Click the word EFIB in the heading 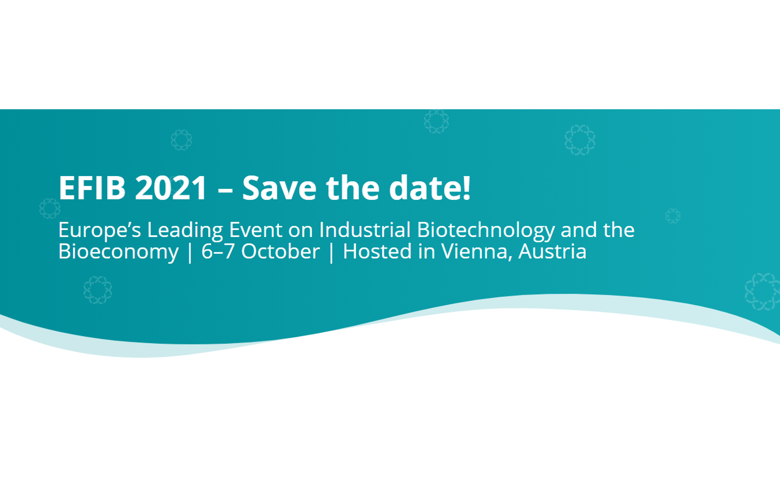click(x=92, y=188)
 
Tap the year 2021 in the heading click(x=171, y=188)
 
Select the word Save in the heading click(x=279, y=188)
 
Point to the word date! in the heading click(x=430, y=188)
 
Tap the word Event click(x=256, y=230)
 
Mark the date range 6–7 click(x=218, y=252)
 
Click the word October click(x=280, y=252)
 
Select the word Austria click(x=552, y=252)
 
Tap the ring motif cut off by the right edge click(x=763, y=291)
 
